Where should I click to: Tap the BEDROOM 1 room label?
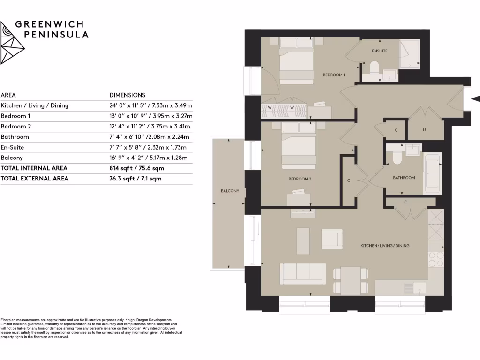point(334,75)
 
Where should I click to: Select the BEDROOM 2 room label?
point(300,179)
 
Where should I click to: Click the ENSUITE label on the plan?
point(380,51)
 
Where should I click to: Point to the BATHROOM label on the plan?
point(404,178)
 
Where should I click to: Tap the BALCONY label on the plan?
point(230,191)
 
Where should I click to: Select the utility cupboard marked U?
point(424,130)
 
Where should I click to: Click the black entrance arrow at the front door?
point(475,99)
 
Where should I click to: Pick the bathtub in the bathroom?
point(432,174)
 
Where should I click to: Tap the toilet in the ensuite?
point(374,69)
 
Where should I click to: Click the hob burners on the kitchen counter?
point(436,259)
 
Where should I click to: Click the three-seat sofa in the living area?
point(303,273)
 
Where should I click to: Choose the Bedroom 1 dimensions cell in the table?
point(150,116)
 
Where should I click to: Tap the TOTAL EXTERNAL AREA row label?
point(35,178)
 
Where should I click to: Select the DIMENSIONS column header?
point(127,95)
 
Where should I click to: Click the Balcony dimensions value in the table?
point(150,158)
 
